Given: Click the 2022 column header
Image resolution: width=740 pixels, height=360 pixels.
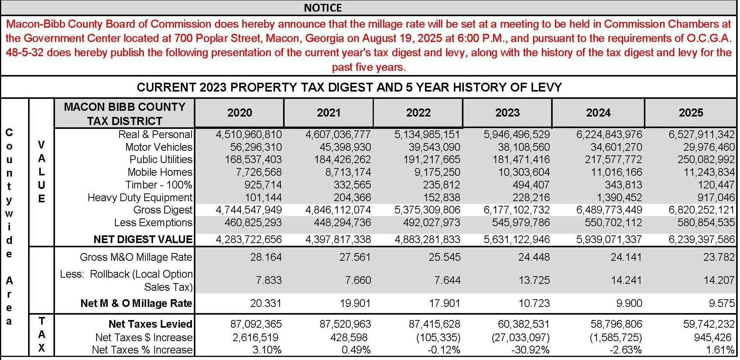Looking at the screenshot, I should pos(418,113).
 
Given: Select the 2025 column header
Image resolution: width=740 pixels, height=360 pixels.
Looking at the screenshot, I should pos(691,113).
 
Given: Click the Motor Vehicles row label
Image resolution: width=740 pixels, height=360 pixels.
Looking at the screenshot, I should pos(158,147).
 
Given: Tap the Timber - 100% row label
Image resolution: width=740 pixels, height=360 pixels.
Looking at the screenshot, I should pos(158,185).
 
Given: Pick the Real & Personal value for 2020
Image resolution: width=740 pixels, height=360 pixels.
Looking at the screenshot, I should pos(248,135).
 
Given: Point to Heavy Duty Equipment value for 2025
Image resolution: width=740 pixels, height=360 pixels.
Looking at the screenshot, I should pos(716,197).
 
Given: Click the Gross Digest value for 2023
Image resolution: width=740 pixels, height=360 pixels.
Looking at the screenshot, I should pos(517,210).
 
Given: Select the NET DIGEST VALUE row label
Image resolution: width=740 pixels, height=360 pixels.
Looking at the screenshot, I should pos(143,240).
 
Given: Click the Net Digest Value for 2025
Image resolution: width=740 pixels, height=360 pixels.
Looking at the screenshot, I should pos(701,240).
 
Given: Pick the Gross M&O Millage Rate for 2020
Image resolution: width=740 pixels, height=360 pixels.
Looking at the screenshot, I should pos(266,257).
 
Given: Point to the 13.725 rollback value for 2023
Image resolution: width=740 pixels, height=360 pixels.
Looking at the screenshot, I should pos(534,280).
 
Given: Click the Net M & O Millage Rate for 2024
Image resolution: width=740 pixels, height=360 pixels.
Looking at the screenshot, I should pos(629,303).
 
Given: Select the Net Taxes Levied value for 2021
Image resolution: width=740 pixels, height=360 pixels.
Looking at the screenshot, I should pos(345,324).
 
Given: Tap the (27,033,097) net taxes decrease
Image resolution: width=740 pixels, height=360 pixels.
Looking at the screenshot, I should pos(520,337).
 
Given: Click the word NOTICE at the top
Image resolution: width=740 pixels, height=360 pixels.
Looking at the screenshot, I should pos(323,8).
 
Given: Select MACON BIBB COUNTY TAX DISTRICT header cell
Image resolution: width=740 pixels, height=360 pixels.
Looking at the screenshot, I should pos(125,113).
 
